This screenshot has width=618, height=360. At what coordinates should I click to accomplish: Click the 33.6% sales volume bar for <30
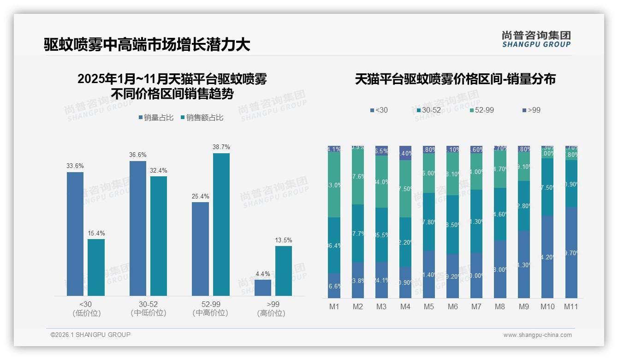coord(75,234)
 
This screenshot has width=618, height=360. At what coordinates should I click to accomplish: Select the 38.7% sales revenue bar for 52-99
coord(221,224)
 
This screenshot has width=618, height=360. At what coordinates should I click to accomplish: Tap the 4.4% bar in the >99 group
coord(262,288)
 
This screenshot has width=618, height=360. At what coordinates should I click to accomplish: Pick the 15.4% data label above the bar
coord(96,233)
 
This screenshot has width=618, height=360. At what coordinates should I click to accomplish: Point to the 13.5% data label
coord(284,240)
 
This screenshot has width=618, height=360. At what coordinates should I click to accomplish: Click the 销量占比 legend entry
coord(156,118)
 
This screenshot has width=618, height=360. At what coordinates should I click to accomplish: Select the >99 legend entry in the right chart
coord(531,110)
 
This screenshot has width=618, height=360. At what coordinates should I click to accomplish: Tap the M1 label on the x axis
coord(334,306)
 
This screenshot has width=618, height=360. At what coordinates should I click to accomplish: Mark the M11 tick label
coord(571,306)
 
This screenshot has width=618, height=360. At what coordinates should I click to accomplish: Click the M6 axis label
coord(452,306)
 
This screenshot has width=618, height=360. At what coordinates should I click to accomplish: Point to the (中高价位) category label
coord(210,313)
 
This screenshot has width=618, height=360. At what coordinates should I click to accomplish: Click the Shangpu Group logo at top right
coord(536,39)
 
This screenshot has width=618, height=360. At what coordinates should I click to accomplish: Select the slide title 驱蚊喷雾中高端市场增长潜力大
coord(147,45)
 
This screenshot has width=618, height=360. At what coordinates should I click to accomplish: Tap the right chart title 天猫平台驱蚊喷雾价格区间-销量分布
coord(455,79)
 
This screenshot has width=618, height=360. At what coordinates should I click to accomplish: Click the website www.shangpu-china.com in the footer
coord(537,335)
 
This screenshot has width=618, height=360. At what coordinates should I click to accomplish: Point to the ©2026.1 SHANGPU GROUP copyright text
coord(90,335)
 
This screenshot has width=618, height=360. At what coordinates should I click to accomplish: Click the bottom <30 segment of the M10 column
coord(547,257)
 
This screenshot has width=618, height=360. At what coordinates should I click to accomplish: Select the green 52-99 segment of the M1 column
coord(334,185)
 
